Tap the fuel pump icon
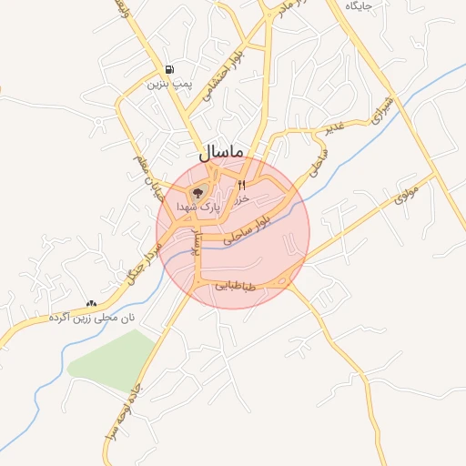click(169, 70)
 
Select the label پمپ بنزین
click(168, 84)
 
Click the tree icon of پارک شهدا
click(198, 192)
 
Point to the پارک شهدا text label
click(215, 208)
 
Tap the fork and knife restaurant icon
click(241, 185)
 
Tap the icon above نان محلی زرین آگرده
click(90, 303)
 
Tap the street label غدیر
click(334, 129)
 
